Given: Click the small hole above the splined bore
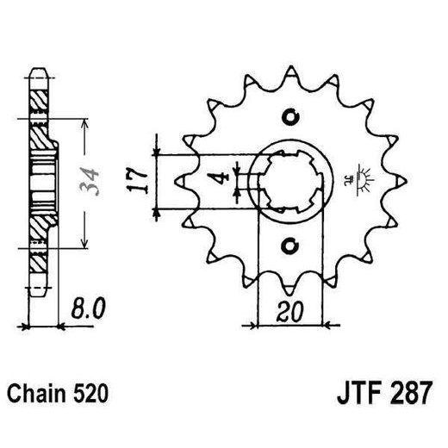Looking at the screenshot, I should pyautogui.click(x=289, y=118).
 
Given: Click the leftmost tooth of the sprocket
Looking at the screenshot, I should pyautogui.click(x=180, y=181).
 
